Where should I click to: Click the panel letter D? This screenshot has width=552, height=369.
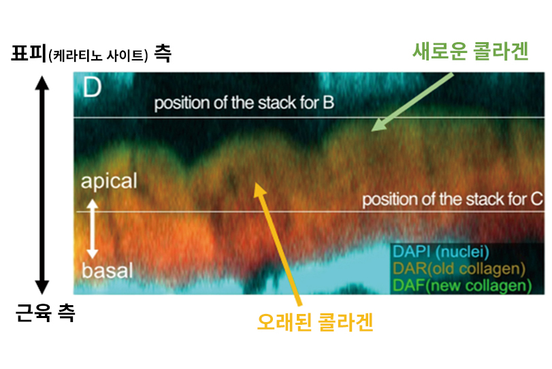click(x=93, y=87)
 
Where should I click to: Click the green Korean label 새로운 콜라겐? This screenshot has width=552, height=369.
click(x=470, y=52)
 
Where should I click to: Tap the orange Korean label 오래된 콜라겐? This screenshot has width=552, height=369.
click(x=315, y=322)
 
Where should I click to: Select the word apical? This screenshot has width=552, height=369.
click(x=109, y=181)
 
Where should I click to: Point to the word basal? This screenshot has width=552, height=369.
click(x=108, y=270)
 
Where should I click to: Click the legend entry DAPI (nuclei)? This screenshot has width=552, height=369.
click(x=441, y=252)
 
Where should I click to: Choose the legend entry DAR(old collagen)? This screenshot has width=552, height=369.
click(x=459, y=268)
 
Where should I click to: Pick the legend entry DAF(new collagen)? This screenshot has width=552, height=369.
click(x=462, y=285)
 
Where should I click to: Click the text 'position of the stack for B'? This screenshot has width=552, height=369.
click(x=244, y=103)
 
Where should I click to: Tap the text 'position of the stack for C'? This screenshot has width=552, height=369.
click(x=453, y=200)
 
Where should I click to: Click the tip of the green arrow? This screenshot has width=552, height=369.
click(x=372, y=130)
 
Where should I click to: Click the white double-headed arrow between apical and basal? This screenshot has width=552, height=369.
click(x=93, y=229)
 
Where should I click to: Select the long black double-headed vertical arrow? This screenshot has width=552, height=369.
click(x=42, y=185)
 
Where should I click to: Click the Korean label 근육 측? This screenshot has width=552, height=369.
click(x=46, y=312)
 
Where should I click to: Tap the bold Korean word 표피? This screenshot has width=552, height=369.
click(x=29, y=53)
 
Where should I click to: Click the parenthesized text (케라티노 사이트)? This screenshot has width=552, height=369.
click(x=98, y=56)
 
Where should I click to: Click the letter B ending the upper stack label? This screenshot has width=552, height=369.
click(x=329, y=102)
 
